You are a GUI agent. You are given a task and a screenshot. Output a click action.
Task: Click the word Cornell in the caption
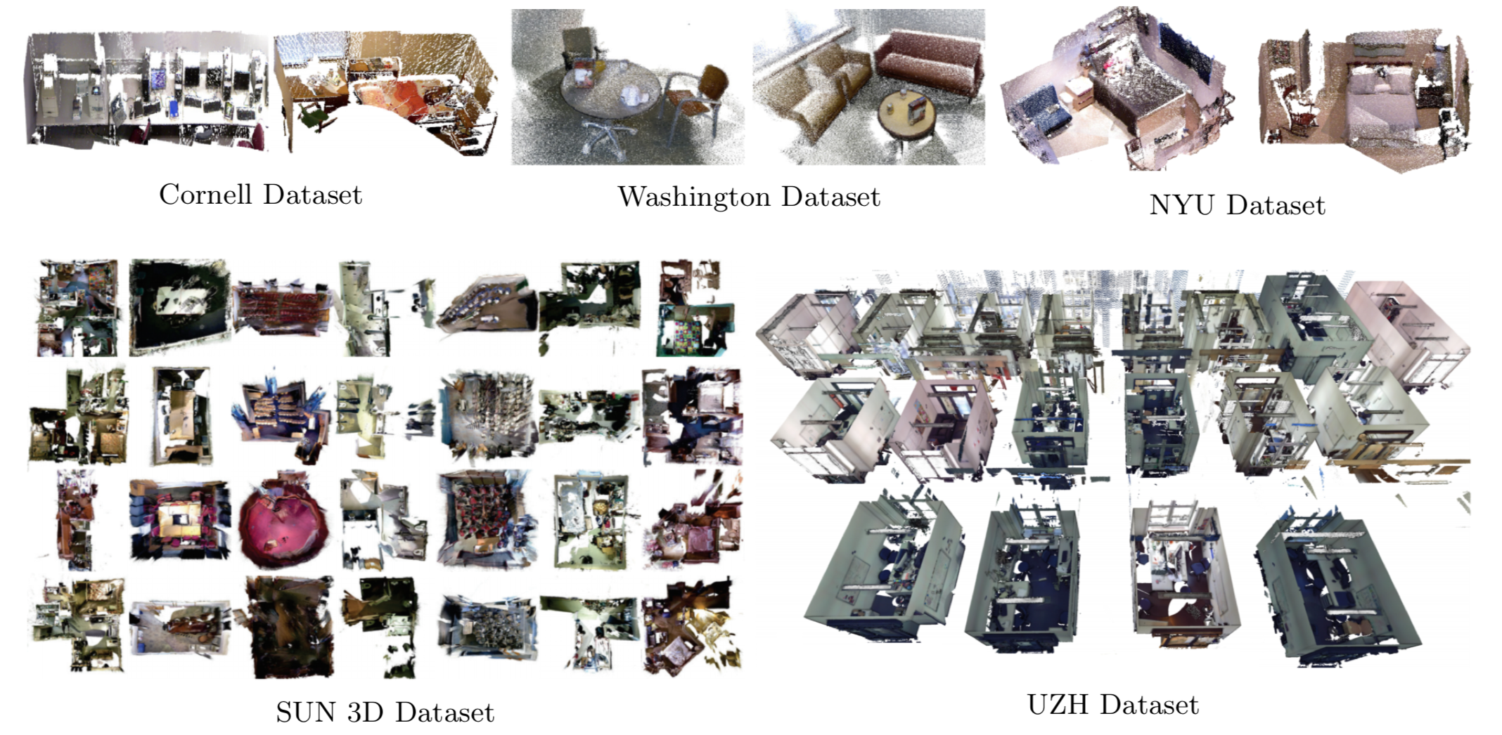205,195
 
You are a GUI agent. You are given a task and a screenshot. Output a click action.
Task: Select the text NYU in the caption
1181,205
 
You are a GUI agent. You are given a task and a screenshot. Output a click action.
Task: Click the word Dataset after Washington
830,197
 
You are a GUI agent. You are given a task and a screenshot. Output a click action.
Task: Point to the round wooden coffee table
907,117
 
